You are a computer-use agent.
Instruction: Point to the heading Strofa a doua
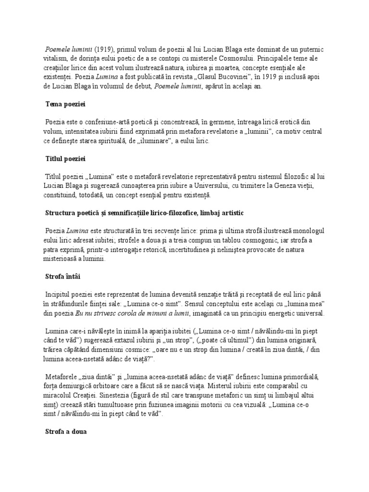point(65,431)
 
